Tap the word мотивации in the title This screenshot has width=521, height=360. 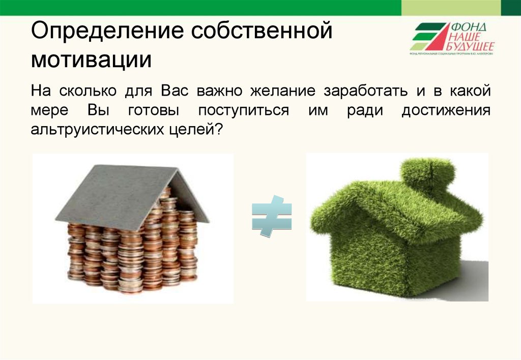pyautogui.click(x=91, y=60)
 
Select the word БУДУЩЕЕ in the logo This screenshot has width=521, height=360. pyautogui.click(x=471, y=47)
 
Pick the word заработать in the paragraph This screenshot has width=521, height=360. pyautogui.click(x=365, y=92)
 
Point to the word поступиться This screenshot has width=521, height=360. pyautogui.click(x=243, y=110)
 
